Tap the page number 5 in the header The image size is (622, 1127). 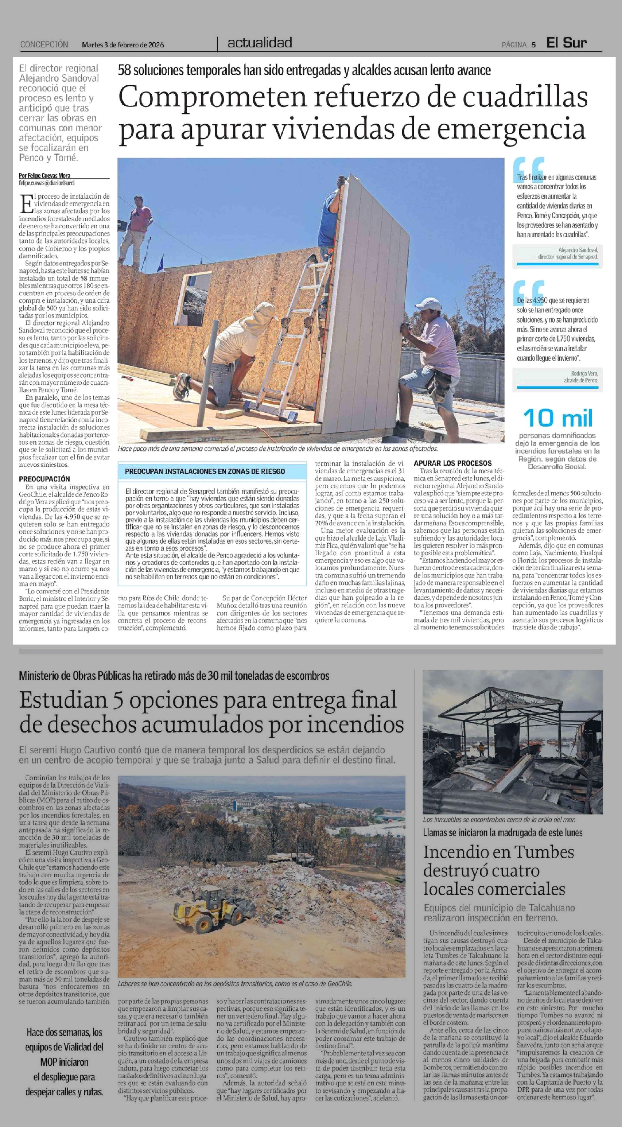[534, 45]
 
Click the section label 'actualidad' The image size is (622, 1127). [260, 43]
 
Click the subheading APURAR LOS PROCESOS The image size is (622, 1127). [453, 463]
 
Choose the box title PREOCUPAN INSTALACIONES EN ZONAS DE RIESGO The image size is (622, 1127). [205, 471]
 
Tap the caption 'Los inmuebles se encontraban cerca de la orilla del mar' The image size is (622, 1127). [499, 819]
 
